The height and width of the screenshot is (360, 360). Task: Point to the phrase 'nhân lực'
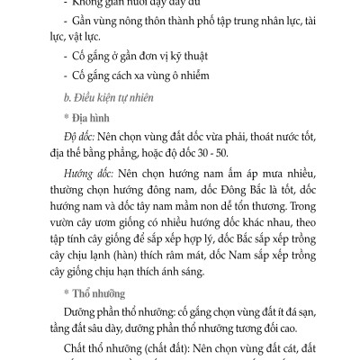[x=270, y=31]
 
